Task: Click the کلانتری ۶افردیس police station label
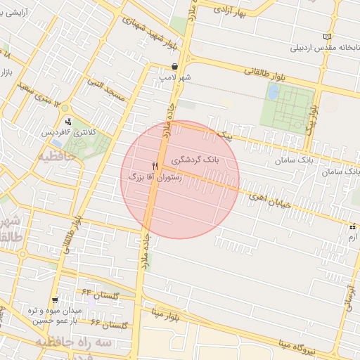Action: [x=67, y=131]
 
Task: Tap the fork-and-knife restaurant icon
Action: [x=155, y=166]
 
